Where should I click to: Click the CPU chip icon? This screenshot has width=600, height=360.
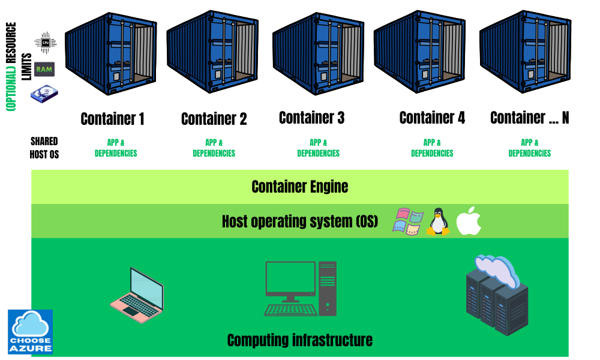[45, 43]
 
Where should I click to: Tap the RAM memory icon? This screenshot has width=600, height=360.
[44, 69]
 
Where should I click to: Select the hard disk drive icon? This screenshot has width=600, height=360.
[44, 94]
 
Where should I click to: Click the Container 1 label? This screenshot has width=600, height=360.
[113, 119]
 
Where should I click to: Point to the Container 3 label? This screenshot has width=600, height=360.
[311, 118]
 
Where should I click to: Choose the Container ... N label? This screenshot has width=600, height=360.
[530, 118]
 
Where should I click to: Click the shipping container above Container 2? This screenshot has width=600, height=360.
[212, 52]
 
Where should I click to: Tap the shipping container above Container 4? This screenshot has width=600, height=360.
[419, 52]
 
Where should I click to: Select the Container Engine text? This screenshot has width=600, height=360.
[300, 187]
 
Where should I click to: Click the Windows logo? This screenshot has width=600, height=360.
[408, 221]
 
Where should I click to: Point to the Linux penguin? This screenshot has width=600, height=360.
[438, 221]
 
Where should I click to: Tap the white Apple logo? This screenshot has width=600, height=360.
[469, 221]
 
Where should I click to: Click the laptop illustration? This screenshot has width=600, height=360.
[137, 295]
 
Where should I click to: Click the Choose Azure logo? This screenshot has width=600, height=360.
[30, 332]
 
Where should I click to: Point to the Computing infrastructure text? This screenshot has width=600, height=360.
[299, 340]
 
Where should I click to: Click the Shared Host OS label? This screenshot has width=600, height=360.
[44, 148]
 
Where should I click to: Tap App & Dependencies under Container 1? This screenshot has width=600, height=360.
[116, 148]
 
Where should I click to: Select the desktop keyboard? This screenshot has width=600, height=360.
[291, 310]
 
